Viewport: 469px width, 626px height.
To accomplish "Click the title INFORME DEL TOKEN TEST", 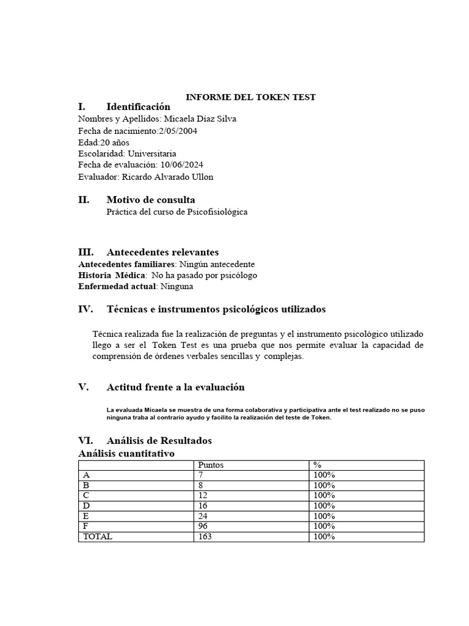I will [x=250, y=97].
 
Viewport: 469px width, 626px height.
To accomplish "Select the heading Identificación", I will [x=138, y=107].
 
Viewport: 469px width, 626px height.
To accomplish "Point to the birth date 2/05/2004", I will [x=178, y=130].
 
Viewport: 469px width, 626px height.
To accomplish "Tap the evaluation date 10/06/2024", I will [x=183, y=165].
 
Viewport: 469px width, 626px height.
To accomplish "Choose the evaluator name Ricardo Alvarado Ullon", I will [x=168, y=177].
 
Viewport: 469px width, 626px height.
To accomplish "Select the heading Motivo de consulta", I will [x=151, y=200].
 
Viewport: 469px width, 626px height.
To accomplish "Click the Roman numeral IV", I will [x=85, y=309].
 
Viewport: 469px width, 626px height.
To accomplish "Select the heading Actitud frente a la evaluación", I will [x=175, y=387].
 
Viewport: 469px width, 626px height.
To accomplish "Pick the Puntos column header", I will [x=211, y=465].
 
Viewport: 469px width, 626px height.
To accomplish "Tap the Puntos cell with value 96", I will [x=203, y=526].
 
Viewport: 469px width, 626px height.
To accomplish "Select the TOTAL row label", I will [x=98, y=536].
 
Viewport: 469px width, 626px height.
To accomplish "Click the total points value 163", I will [x=205, y=536].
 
